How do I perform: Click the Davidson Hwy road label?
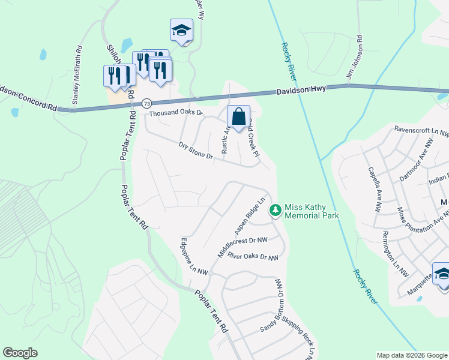pos(301,89)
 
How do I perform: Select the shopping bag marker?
pos(238,116)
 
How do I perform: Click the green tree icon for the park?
pos(276,210)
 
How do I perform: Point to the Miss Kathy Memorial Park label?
pos(312,211)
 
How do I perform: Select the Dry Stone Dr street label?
pos(196,150)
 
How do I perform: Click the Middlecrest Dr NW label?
pos(242,246)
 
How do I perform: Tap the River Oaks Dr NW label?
pos(253,257)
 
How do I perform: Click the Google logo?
pos(20,353)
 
